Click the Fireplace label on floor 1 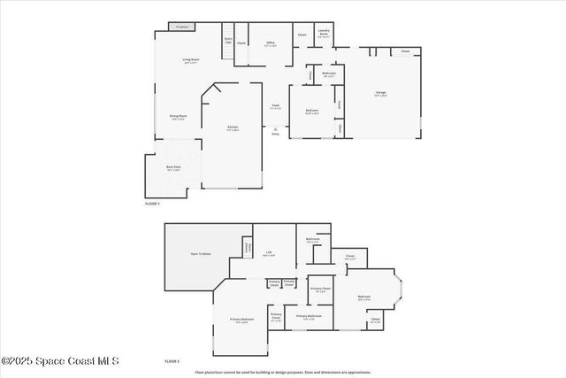183,27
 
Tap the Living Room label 190,61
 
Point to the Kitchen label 233,128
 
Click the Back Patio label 173,167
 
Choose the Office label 271,43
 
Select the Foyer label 275,107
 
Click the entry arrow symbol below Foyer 275,129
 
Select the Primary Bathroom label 309,316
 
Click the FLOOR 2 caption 172,361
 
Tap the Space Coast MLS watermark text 59,361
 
